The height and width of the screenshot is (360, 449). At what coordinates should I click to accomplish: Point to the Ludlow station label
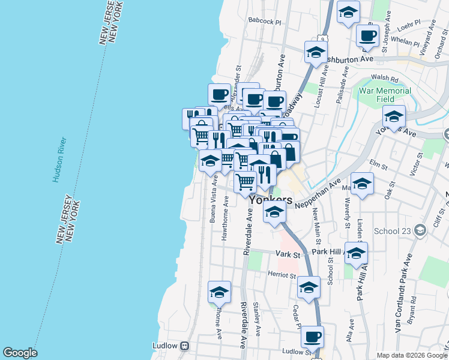click(x=164, y=346)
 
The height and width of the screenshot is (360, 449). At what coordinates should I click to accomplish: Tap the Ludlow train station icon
click(x=185, y=346)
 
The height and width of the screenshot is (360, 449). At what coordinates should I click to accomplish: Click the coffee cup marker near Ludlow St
click(x=312, y=337)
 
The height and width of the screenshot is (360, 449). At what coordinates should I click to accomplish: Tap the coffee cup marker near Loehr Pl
click(x=367, y=35)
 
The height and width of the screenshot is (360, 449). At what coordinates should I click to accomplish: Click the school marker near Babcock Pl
click(x=348, y=13)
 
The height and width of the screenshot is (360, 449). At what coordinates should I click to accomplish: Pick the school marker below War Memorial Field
click(x=394, y=116)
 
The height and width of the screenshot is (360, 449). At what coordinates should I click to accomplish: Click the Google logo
click(x=20, y=353)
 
